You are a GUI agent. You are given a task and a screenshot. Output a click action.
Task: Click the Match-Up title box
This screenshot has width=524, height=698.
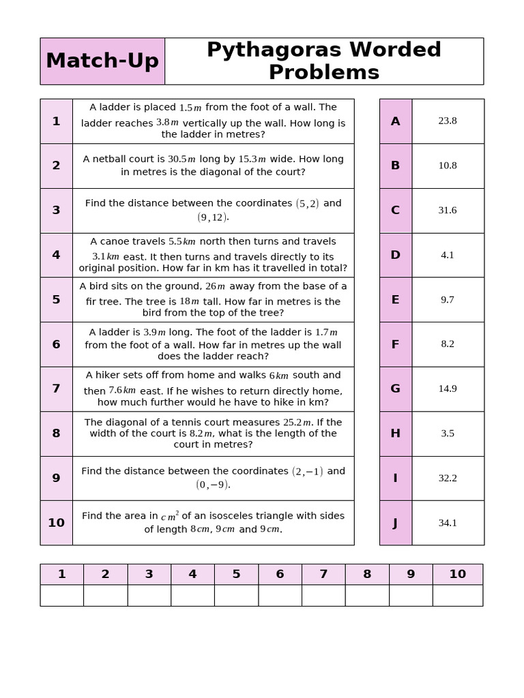[x=102, y=61]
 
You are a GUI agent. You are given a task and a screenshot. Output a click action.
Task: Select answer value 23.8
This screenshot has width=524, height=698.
[x=448, y=121]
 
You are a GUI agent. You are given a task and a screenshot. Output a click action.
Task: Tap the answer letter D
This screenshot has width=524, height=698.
[x=395, y=255]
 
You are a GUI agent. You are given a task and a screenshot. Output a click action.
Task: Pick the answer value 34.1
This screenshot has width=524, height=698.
[x=448, y=523]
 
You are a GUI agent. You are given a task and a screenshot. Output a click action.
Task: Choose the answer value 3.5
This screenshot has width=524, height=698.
[x=448, y=434]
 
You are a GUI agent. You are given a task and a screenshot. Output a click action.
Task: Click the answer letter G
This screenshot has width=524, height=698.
[x=395, y=389]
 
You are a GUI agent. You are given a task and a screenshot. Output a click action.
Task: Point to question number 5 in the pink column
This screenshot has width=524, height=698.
[x=56, y=299]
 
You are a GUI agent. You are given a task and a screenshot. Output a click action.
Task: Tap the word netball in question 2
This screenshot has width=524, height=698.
[x=111, y=159]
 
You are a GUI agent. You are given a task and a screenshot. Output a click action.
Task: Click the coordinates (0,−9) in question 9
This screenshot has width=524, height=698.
[x=212, y=485]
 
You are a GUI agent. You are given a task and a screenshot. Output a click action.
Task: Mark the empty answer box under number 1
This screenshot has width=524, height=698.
[x=61, y=595]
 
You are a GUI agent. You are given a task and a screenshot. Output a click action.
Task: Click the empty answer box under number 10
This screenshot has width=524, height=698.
[x=457, y=595]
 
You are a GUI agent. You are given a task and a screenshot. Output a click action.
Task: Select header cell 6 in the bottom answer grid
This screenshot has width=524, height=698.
[x=280, y=574]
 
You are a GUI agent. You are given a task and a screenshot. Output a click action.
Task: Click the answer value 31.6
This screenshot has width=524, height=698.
[x=448, y=210]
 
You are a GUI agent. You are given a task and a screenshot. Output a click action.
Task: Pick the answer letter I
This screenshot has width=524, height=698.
[x=395, y=478]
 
